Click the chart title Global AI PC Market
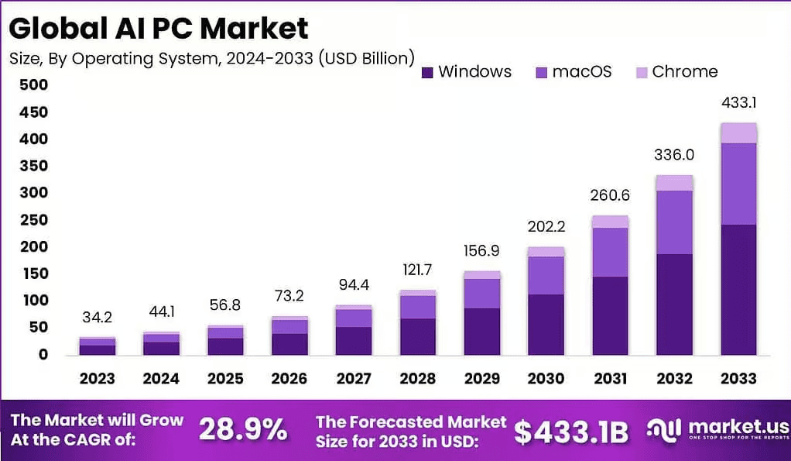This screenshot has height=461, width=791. (x=159, y=28)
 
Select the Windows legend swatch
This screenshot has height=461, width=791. (x=427, y=72)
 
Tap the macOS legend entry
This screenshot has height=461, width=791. (x=573, y=72)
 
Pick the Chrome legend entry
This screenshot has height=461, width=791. (x=676, y=72)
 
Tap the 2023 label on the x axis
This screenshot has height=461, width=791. (x=97, y=379)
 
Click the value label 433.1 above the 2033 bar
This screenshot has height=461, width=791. (x=738, y=102)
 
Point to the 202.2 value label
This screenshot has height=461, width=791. (x=546, y=227)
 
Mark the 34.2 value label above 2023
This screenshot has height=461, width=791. (x=97, y=318)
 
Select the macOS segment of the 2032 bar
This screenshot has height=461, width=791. (x=673, y=222)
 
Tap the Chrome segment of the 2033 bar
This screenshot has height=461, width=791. (x=738, y=132)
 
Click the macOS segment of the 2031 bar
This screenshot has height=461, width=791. (x=610, y=252)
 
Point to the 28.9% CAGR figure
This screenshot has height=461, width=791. (x=243, y=430)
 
